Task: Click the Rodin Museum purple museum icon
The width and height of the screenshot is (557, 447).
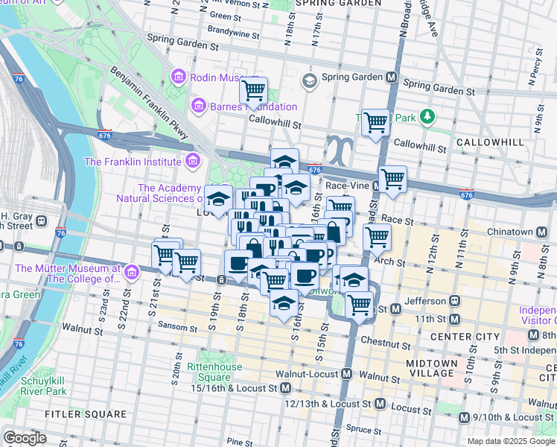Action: [178, 77]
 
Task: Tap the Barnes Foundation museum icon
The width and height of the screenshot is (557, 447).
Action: [198, 107]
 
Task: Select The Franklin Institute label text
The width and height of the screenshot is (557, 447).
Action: [133, 161]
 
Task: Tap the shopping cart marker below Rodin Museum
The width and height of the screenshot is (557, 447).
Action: [254, 91]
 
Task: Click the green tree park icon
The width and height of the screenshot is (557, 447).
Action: [427, 117]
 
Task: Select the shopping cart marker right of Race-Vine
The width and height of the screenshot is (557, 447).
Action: [392, 179]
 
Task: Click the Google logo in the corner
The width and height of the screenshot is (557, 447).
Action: [25, 438]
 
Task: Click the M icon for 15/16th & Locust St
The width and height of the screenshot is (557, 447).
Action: [285, 388]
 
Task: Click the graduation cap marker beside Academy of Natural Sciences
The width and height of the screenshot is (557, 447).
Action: [218, 200]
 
